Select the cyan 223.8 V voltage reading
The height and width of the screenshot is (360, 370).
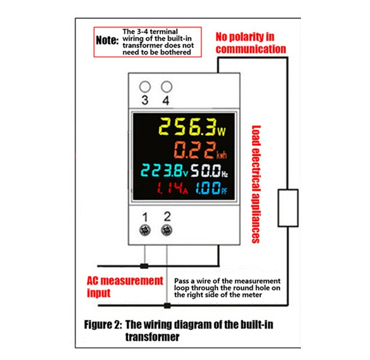(162, 171)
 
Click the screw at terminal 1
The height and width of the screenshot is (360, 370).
(144, 230)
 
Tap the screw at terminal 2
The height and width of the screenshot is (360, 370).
(167, 230)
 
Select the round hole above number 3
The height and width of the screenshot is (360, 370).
(144, 87)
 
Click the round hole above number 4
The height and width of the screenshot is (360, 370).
(166, 87)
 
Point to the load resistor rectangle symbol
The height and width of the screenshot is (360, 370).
(288, 208)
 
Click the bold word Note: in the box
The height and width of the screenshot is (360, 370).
(108, 41)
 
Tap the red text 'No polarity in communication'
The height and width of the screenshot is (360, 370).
(251, 42)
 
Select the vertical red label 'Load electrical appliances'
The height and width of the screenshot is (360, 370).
(256, 184)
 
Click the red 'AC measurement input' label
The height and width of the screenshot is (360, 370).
(124, 287)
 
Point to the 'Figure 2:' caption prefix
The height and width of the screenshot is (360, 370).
(103, 325)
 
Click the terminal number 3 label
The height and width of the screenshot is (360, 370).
(144, 100)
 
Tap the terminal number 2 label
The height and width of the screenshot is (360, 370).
(167, 216)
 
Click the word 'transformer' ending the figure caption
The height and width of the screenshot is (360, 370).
(152, 337)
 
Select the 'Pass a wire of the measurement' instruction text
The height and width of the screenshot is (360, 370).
(227, 280)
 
